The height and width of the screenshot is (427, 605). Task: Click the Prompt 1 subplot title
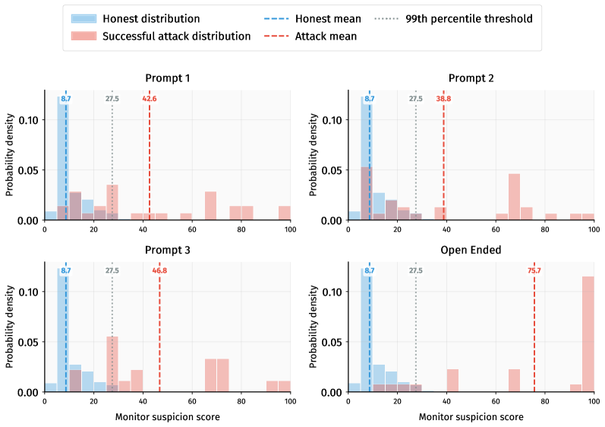tap(167, 78)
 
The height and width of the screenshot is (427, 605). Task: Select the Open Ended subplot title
tap(471, 250)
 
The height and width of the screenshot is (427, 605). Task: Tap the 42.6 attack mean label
tap(150, 99)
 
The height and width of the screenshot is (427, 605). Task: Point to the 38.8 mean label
tap(443, 99)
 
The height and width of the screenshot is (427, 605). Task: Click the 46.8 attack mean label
tap(159, 270)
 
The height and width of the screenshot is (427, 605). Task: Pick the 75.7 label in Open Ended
tap(534, 270)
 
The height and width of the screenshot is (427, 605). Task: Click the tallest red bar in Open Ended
tap(588, 334)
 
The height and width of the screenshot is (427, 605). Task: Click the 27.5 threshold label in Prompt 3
tap(112, 270)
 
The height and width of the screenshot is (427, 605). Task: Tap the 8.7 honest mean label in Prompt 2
tap(370, 99)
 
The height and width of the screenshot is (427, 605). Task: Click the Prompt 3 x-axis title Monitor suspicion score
tap(167, 416)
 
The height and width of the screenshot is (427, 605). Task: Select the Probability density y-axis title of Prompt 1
tap(11, 156)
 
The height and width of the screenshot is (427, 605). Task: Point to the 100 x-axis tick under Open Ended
tap(594, 400)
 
